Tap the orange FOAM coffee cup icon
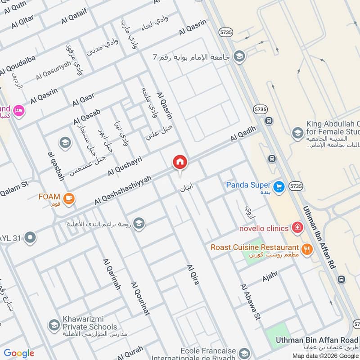(x=68, y=198)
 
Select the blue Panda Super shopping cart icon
(x=279, y=186)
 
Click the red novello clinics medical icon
(x=297, y=228)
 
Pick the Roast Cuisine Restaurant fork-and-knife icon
(x=307, y=249)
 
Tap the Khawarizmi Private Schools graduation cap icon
(x=54, y=325)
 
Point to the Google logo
(x=19, y=353)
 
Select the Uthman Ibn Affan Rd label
(x=319, y=238)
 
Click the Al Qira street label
(x=193, y=274)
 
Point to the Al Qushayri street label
(x=125, y=166)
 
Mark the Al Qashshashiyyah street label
(x=122, y=191)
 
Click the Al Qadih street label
(x=243, y=134)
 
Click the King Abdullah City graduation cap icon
(x=297, y=133)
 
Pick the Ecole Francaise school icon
(x=244, y=353)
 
